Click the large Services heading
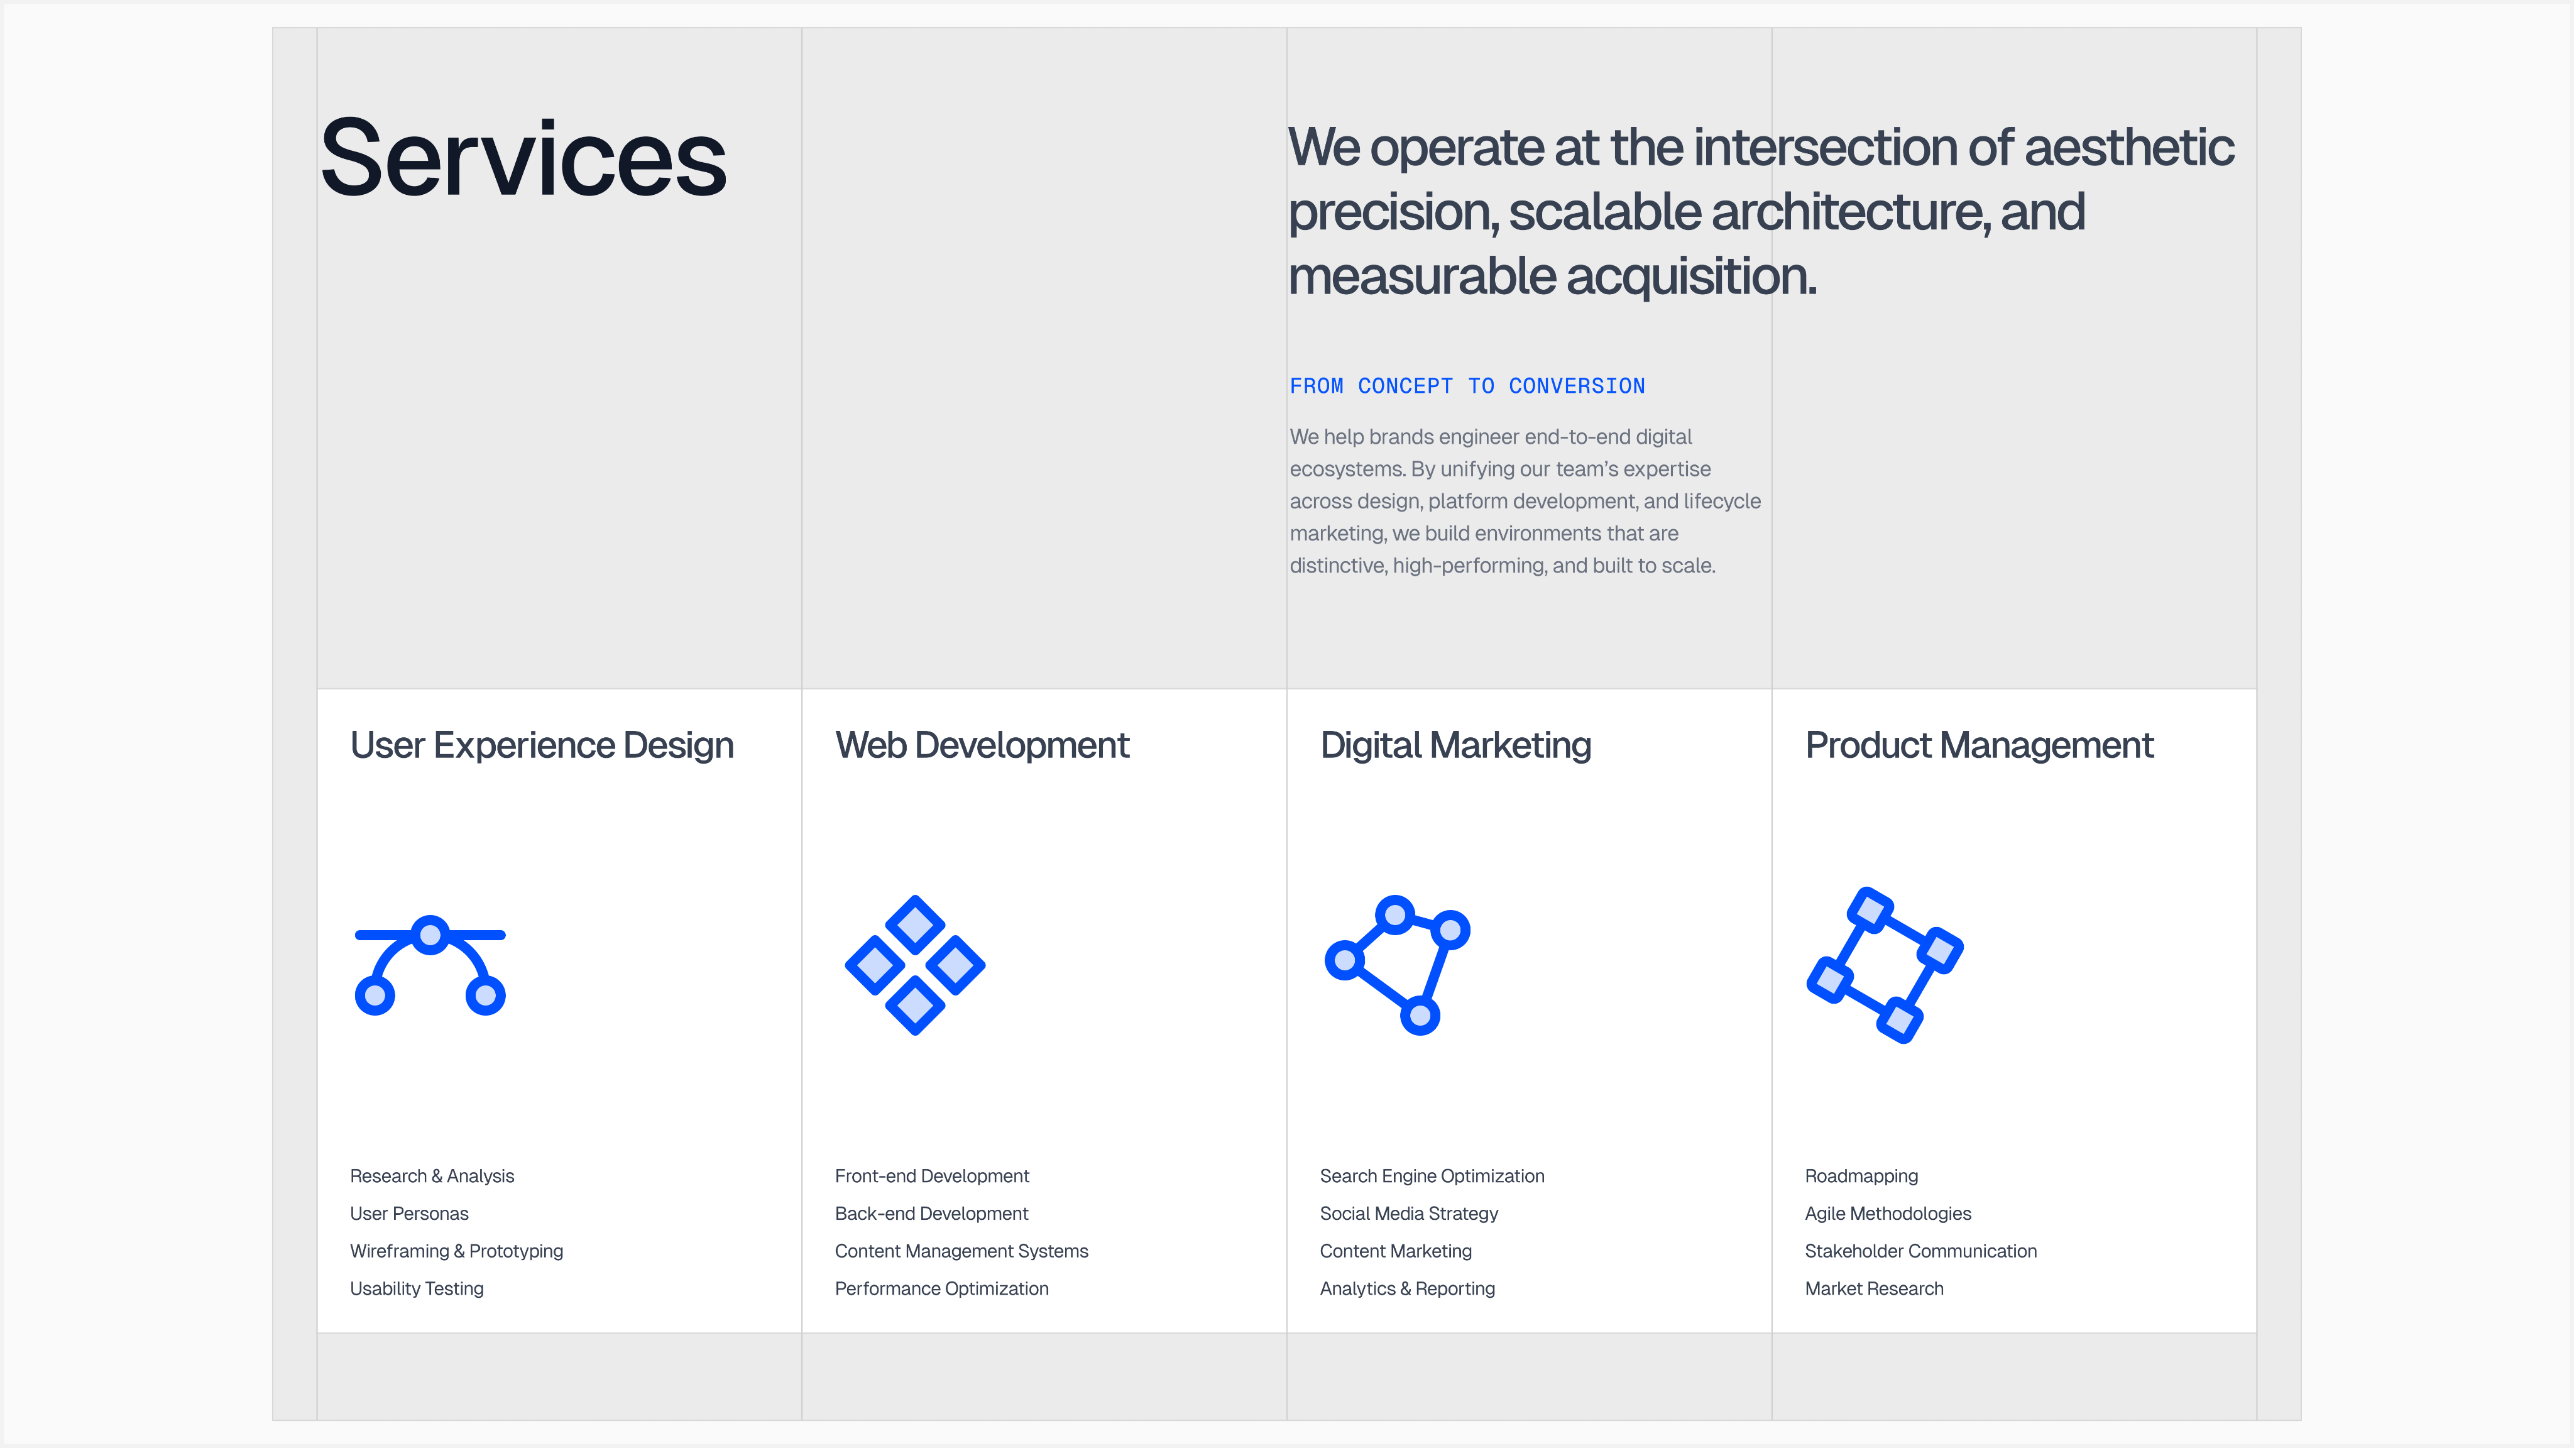(x=523, y=158)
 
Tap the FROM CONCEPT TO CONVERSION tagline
(x=1467, y=386)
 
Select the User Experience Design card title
(x=542, y=745)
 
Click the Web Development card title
(x=982, y=745)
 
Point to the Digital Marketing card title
(x=1456, y=745)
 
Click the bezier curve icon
(x=430, y=964)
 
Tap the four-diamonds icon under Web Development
(x=915, y=964)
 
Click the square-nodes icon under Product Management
(x=1885, y=964)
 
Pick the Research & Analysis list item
(x=432, y=1176)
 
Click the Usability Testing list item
(x=417, y=1289)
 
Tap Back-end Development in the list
(x=931, y=1213)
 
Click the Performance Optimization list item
(x=941, y=1289)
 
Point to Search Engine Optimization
(x=1432, y=1176)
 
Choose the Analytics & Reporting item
(x=1407, y=1289)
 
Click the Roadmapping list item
(x=1861, y=1176)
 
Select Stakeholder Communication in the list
(x=1920, y=1251)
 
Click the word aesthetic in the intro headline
(x=2129, y=148)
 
